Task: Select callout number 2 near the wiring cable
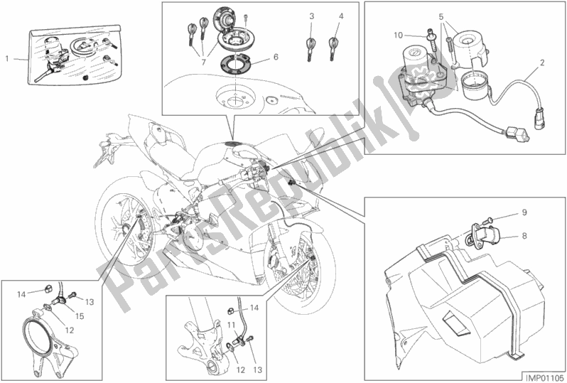[x=542, y=63]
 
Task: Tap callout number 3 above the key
[x=311, y=16]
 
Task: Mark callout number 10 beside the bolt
[x=399, y=33]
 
